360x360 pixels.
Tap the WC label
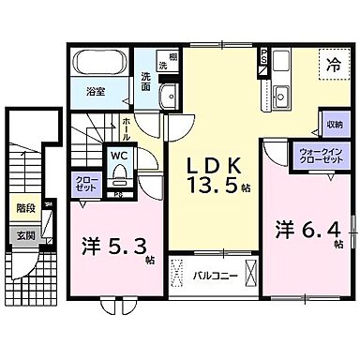point(120,156)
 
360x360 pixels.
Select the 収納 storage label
point(334,125)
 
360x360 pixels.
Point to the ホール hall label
point(127,126)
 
